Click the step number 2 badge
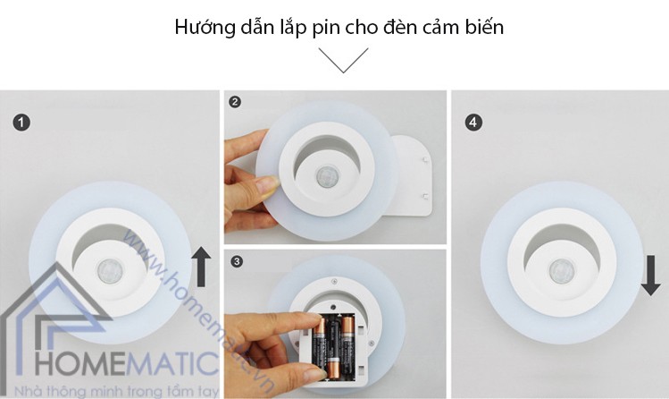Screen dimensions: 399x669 click(235, 102)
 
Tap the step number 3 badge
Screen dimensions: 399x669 click(236, 261)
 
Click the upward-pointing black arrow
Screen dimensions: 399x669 click(202, 267)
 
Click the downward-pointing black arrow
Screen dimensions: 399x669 click(651, 276)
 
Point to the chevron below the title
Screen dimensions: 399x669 click(343, 61)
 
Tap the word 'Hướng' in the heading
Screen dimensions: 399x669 click(201, 27)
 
